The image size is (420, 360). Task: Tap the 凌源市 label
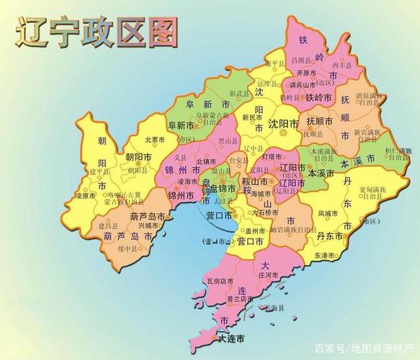tap(86, 195)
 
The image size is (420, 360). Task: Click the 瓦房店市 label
tap(217, 281)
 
